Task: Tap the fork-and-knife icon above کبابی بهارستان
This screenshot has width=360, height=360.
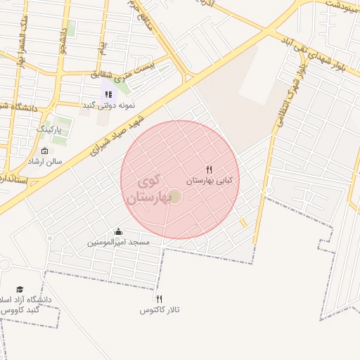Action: pyautogui.click(x=209, y=170)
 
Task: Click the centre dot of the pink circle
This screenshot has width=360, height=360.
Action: pyautogui.click(x=175, y=196)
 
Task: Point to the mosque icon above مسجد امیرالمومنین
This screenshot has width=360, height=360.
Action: pyautogui.click(x=118, y=232)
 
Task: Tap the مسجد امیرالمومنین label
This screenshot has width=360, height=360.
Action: pyautogui.click(x=119, y=243)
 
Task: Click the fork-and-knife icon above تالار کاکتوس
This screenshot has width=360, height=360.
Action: pyautogui.click(x=159, y=300)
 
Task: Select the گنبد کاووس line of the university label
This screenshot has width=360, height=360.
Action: pyautogui.click(x=21, y=310)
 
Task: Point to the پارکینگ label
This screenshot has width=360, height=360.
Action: pyautogui.click(x=49, y=130)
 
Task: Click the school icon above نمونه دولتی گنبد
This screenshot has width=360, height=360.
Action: pyautogui.click(x=108, y=94)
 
